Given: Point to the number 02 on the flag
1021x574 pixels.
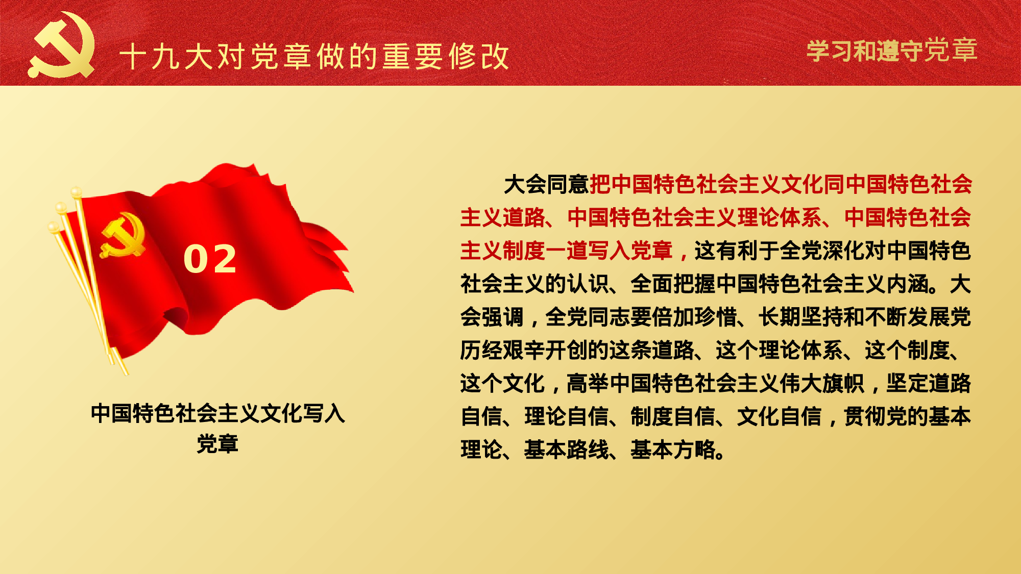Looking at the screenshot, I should (x=210, y=259).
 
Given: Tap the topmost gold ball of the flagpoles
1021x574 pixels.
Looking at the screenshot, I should (x=76, y=192).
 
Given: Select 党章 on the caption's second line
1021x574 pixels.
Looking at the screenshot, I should (x=217, y=444).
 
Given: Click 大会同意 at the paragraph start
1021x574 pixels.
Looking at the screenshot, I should (x=546, y=185).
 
